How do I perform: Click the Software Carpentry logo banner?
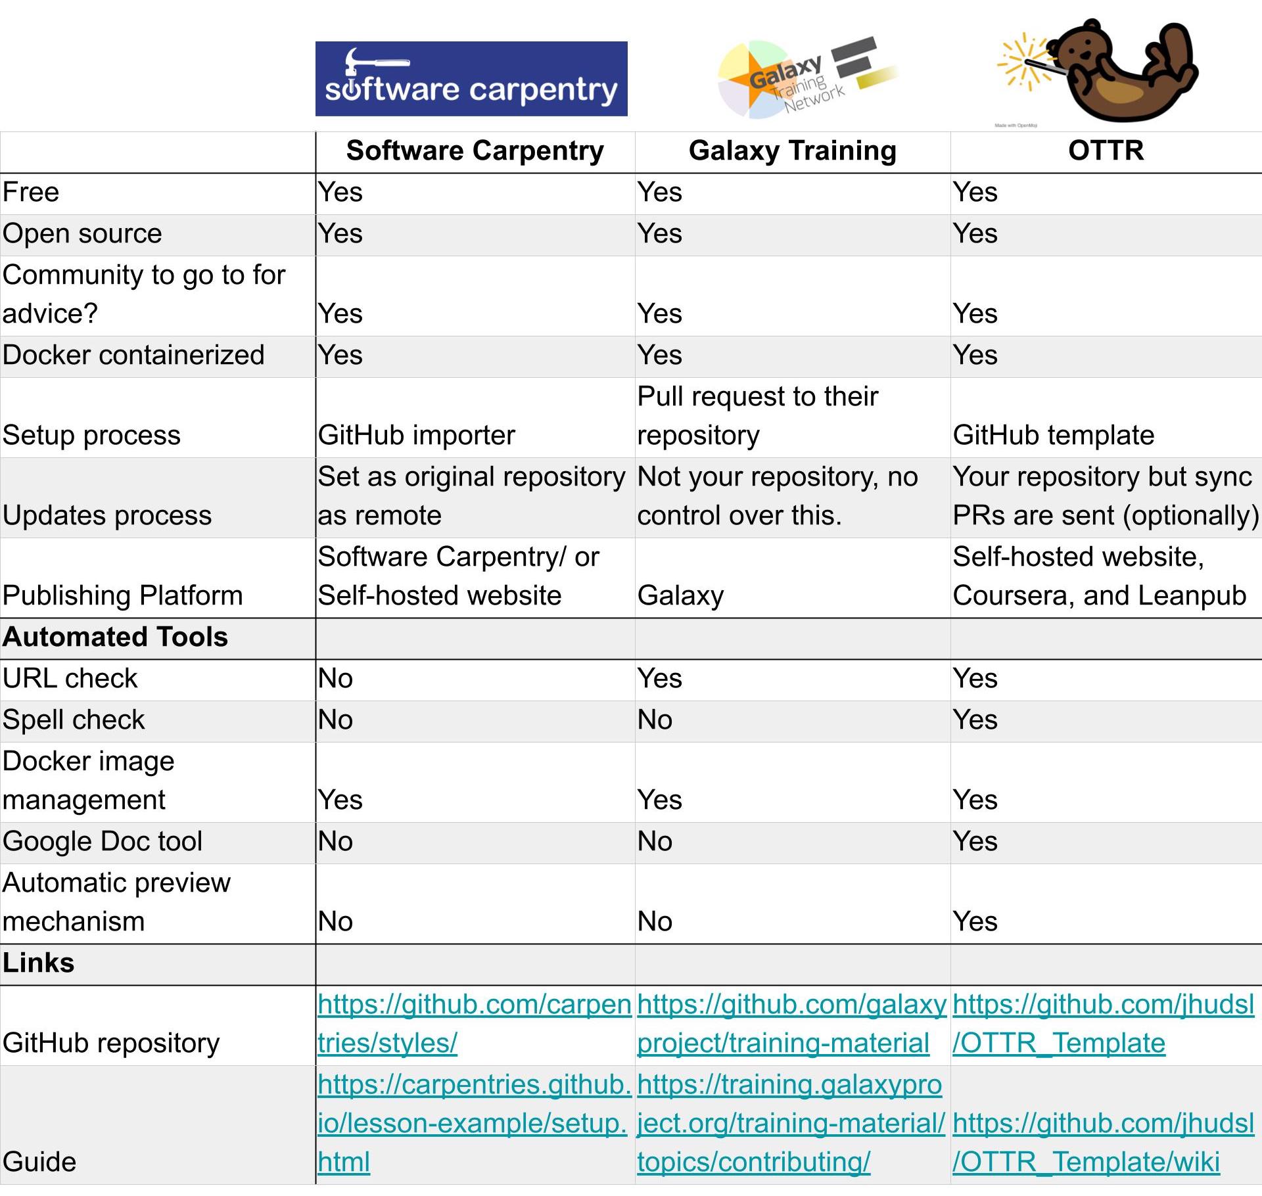point(471,79)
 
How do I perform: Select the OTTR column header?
point(1106,151)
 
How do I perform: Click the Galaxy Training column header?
point(792,151)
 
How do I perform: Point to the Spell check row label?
point(74,720)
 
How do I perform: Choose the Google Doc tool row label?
point(103,842)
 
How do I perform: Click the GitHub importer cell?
point(416,436)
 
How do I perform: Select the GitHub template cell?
point(1053,436)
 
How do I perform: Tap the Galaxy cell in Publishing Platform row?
point(680,596)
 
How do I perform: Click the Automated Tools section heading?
point(115,637)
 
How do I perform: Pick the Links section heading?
point(39,963)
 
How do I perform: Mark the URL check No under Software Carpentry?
point(335,679)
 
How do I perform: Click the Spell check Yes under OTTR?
point(975,720)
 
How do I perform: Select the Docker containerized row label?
point(133,356)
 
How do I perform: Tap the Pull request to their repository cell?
point(757,416)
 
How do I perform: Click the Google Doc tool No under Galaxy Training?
point(655,842)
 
